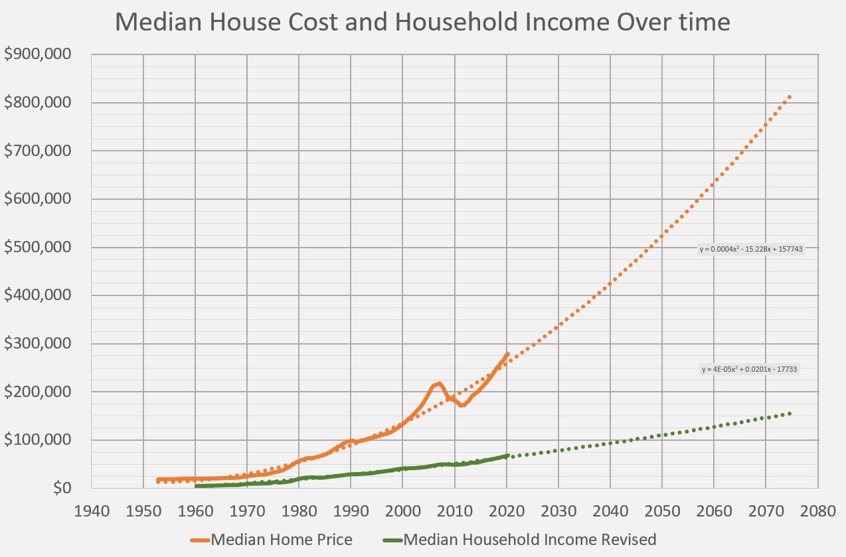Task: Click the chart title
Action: (x=422, y=22)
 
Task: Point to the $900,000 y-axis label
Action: (x=37, y=54)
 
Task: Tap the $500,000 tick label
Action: (x=37, y=247)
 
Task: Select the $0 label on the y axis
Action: (x=62, y=488)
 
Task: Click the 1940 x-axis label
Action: (x=92, y=511)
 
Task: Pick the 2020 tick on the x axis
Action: (x=507, y=511)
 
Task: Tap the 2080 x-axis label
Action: (x=817, y=511)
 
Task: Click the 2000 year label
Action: (x=402, y=511)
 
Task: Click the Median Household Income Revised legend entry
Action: (x=519, y=540)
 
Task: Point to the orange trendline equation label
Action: (x=751, y=249)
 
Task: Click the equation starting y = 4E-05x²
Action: (x=749, y=369)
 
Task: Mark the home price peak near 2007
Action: (x=438, y=384)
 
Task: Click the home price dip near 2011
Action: (x=462, y=405)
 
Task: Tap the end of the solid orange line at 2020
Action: (x=507, y=355)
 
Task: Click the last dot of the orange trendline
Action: (x=790, y=98)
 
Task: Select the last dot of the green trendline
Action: (x=790, y=414)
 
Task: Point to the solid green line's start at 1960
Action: (x=196, y=486)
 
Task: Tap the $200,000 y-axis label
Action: (x=37, y=392)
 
